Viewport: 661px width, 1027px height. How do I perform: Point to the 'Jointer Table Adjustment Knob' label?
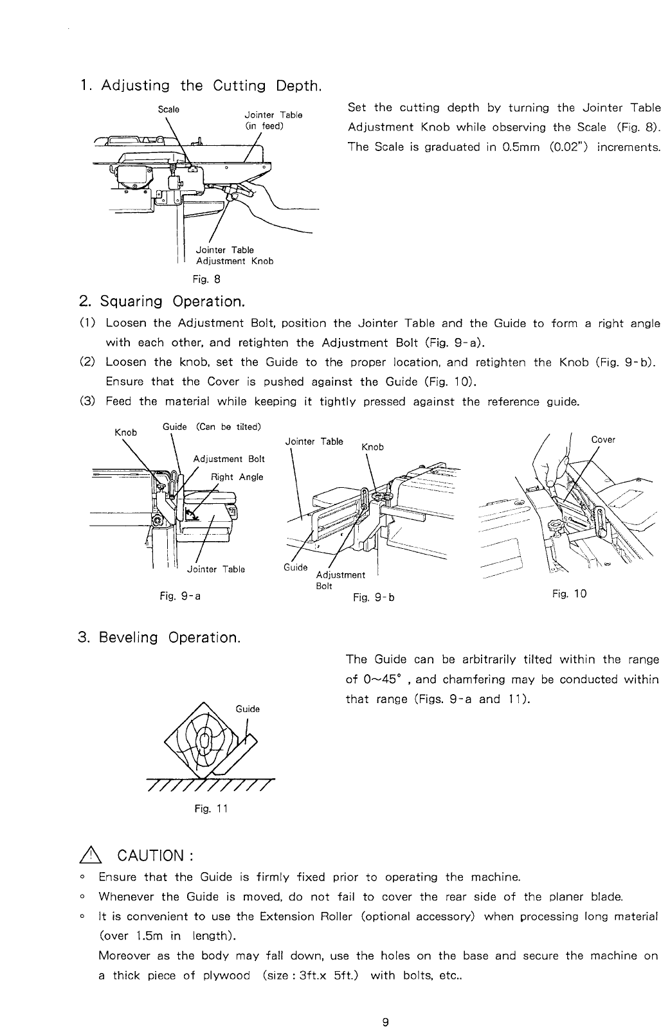[x=235, y=255]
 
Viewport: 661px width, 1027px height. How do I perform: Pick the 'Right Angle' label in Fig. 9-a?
[x=237, y=477]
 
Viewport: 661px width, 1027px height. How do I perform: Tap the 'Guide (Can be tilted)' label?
[x=212, y=427]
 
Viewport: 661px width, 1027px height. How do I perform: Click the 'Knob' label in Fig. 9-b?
[x=372, y=447]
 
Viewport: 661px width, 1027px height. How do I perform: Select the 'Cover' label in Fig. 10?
[x=603, y=440]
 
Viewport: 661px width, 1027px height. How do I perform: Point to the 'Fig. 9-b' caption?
[x=374, y=597]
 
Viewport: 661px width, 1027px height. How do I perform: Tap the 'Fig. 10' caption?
[x=569, y=594]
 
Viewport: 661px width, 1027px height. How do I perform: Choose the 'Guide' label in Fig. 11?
[x=248, y=709]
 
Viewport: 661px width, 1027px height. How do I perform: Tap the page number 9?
[x=385, y=1005]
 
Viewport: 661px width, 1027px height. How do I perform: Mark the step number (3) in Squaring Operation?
[x=88, y=402]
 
